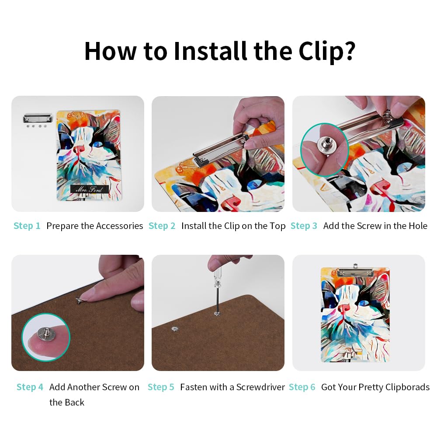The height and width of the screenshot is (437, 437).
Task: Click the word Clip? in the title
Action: pyautogui.click(x=327, y=51)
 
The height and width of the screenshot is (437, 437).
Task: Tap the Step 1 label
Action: pyautogui.click(x=27, y=226)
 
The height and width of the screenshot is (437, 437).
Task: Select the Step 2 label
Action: pyautogui.click(x=162, y=226)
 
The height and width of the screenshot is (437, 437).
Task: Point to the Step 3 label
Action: pyautogui.click(x=304, y=226)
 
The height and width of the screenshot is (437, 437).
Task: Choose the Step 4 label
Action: pyautogui.click(x=30, y=387)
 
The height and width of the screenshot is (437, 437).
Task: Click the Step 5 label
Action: pyautogui.click(x=161, y=387)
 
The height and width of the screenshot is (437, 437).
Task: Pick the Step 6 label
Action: pyautogui.click(x=302, y=387)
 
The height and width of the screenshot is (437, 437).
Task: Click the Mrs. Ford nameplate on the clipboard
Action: pyautogui.click(x=89, y=189)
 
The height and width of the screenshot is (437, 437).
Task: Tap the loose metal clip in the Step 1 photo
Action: pyautogui.click(x=38, y=118)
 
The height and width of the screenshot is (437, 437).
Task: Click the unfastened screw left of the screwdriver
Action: pyautogui.click(x=175, y=329)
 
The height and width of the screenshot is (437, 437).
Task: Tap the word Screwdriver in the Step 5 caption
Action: pyautogui.click(x=260, y=387)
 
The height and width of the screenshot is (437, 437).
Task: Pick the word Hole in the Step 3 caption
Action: pyautogui.click(x=418, y=226)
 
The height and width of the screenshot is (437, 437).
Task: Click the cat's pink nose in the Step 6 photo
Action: pyautogui.click(x=344, y=308)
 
